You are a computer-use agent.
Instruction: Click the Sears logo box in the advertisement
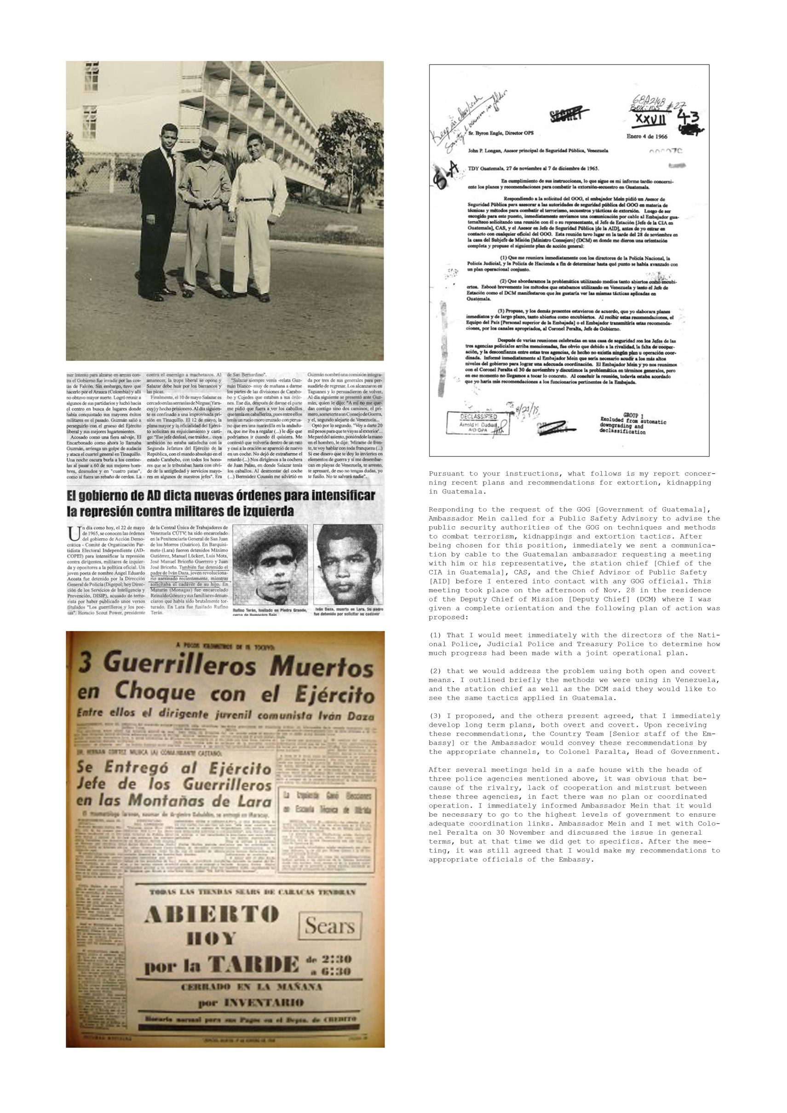[330, 926]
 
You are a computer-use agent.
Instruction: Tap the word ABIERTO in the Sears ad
[211, 915]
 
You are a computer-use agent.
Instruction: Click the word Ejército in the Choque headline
[334, 694]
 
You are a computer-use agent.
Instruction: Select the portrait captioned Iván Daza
[347, 565]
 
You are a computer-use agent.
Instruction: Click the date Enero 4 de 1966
[646, 136]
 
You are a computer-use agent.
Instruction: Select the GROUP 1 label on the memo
[631, 415]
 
